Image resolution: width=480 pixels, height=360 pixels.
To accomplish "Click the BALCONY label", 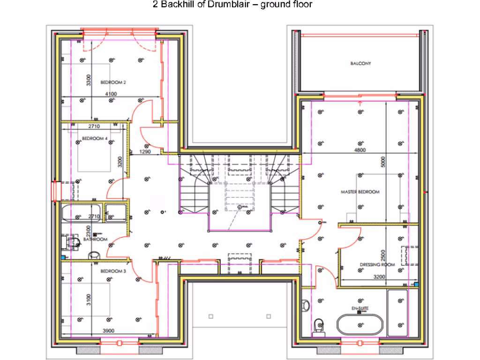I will point(360,63).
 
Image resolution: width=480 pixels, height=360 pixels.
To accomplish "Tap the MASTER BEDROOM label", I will point(360,192).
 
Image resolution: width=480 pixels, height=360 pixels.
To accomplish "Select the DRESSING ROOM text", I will point(377,265).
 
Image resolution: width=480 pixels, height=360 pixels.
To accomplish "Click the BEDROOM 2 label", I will point(113,82).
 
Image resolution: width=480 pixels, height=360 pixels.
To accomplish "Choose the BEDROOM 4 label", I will point(95,138).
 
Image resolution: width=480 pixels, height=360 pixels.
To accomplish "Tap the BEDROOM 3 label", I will point(113,271).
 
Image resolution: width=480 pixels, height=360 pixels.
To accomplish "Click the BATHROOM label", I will point(95,240).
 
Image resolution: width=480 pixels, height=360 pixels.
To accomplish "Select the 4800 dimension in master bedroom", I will point(360,150).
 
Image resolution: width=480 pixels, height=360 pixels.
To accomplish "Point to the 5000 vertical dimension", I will point(383,162).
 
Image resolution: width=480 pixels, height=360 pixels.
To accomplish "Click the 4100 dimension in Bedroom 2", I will point(111,94).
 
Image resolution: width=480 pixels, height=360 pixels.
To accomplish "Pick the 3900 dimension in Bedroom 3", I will point(108,331).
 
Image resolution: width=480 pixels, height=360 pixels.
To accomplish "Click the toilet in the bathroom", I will point(72,242).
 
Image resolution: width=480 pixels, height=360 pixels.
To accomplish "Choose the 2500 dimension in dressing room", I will point(383,255).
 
